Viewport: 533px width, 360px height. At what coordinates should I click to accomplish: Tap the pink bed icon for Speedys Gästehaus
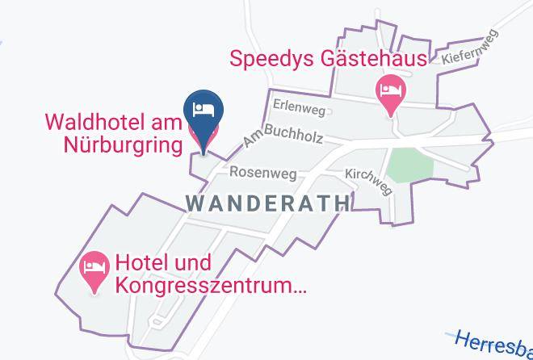click(392, 90)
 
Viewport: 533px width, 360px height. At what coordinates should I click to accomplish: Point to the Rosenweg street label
click(263, 172)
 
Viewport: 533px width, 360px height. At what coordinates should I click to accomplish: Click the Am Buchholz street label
click(282, 138)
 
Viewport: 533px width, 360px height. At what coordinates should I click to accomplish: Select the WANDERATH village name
click(269, 203)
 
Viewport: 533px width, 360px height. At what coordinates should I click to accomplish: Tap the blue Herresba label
click(493, 342)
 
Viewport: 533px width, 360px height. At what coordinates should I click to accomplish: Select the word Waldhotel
click(94, 123)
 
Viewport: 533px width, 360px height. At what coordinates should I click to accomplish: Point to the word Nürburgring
click(122, 145)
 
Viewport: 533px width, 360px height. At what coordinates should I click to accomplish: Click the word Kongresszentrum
click(211, 285)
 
